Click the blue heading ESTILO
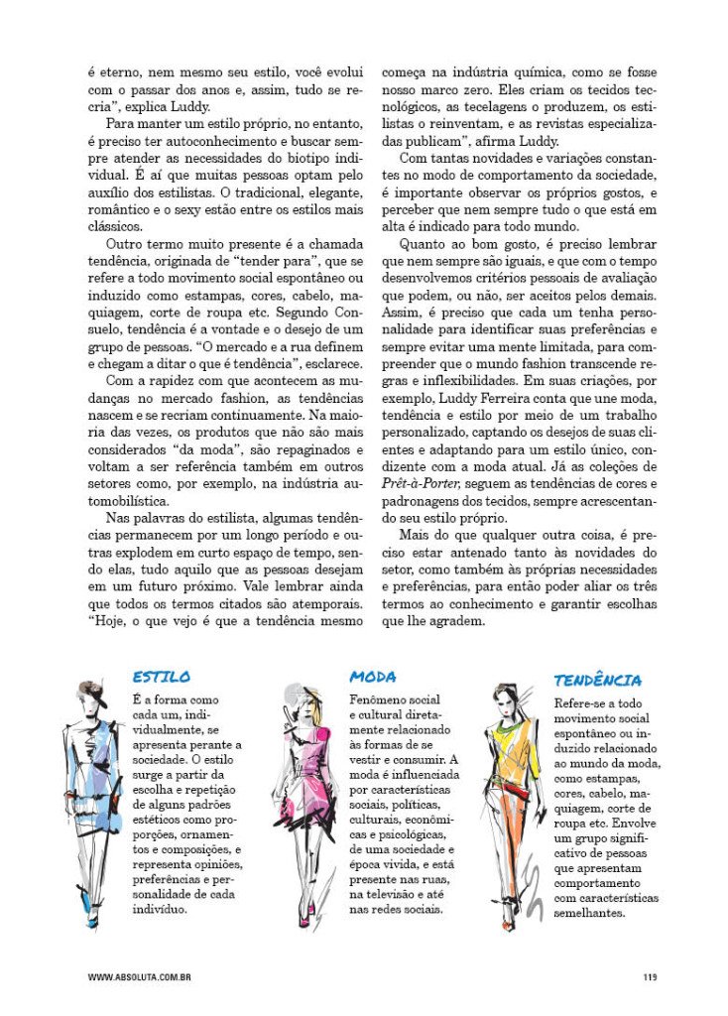coord(162,677)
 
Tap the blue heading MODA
coord(373,677)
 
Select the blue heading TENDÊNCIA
coord(597,681)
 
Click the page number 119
coord(650,977)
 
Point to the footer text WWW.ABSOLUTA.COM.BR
coord(139,977)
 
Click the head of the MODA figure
coord(301,699)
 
